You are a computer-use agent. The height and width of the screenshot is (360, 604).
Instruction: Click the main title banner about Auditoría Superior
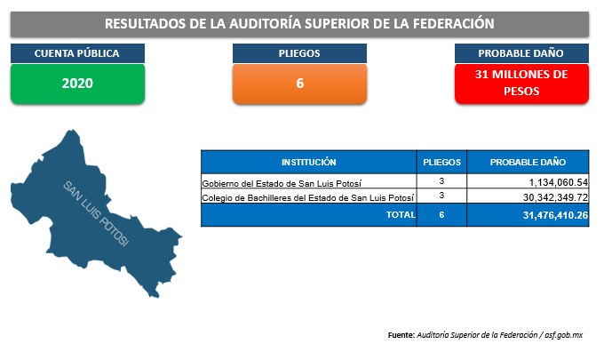click(x=299, y=24)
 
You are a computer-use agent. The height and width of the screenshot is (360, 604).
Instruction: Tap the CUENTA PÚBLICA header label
click(x=77, y=53)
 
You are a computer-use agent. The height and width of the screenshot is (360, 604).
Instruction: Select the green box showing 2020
click(x=77, y=84)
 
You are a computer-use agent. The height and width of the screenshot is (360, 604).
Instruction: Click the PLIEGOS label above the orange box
click(x=299, y=53)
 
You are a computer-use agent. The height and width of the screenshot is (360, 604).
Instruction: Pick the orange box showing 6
click(x=299, y=84)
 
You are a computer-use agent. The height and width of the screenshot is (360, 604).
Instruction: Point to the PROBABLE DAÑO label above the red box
click(x=521, y=53)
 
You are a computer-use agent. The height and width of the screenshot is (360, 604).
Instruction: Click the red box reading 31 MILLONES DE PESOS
click(x=521, y=84)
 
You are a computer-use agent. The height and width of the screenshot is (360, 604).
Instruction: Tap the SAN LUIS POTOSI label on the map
click(x=96, y=213)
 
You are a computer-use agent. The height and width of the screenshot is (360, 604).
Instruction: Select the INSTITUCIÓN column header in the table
click(x=308, y=163)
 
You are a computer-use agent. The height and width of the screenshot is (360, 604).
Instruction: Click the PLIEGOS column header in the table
click(x=441, y=163)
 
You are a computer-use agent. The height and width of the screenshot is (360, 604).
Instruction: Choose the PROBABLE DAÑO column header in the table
click(x=528, y=163)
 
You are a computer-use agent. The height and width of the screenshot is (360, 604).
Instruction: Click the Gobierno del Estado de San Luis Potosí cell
click(x=282, y=183)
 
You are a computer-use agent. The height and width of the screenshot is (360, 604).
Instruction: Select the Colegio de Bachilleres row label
click(x=308, y=197)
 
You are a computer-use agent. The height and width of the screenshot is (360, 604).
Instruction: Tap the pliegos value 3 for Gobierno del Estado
click(x=441, y=180)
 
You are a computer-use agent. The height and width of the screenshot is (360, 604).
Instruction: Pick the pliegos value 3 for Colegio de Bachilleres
click(x=441, y=196)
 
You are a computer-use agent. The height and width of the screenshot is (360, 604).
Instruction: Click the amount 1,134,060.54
click(x=559, y=182)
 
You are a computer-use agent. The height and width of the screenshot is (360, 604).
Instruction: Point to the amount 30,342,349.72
click(x=555, y=197)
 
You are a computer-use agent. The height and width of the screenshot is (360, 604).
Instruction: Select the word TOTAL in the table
click(x=401, y=215)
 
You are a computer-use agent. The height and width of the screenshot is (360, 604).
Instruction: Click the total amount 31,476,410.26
click(x=555, y=215)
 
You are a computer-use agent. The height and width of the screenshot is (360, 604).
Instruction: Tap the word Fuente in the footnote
click(x=401, y=335)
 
